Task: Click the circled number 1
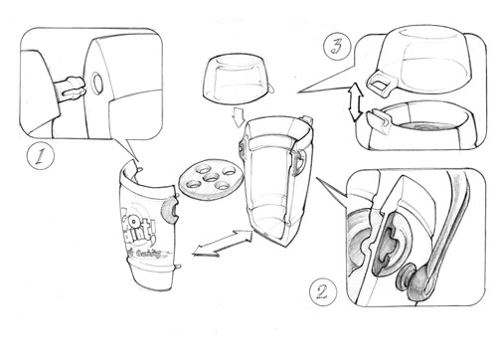click(x=39, y=157)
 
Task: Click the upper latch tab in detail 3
click(x=382, y=80)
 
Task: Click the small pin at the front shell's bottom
click(x=176, y=267)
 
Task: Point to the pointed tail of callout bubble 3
click(x=305, y=92)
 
